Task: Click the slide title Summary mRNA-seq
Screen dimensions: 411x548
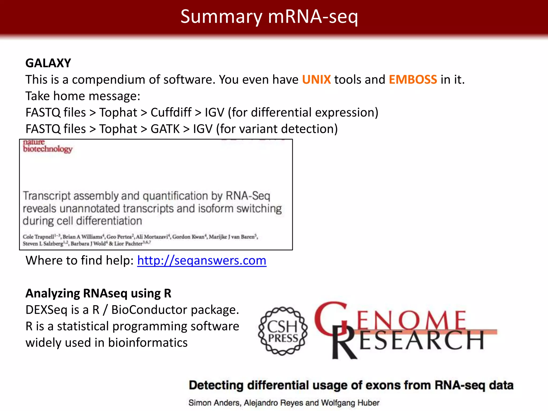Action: (x=269, y=17)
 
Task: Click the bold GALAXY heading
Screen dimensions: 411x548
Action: (x=48, y=63)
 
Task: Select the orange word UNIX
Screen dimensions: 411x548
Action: (x=316, y=80)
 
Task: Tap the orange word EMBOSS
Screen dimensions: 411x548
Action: (x=413, y=80)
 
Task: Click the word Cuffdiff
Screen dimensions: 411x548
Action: (x=171, y=113)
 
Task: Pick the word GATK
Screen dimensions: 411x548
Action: (x=165, y=129)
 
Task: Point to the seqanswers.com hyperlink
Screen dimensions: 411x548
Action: (x=201, y=260)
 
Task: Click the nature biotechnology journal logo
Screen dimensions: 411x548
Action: (x=47, y=146)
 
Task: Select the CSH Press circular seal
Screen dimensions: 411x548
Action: (x=283, y=331)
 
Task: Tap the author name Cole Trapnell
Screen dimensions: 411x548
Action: (x=39, y=237)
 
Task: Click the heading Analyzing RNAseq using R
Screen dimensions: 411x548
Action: (x=98, y=294)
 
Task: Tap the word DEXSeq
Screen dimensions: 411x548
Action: (x=46, y=310)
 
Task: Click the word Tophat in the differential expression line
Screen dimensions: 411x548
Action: (x=118, y=113)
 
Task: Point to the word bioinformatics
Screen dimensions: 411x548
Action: (x=148, y=343)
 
